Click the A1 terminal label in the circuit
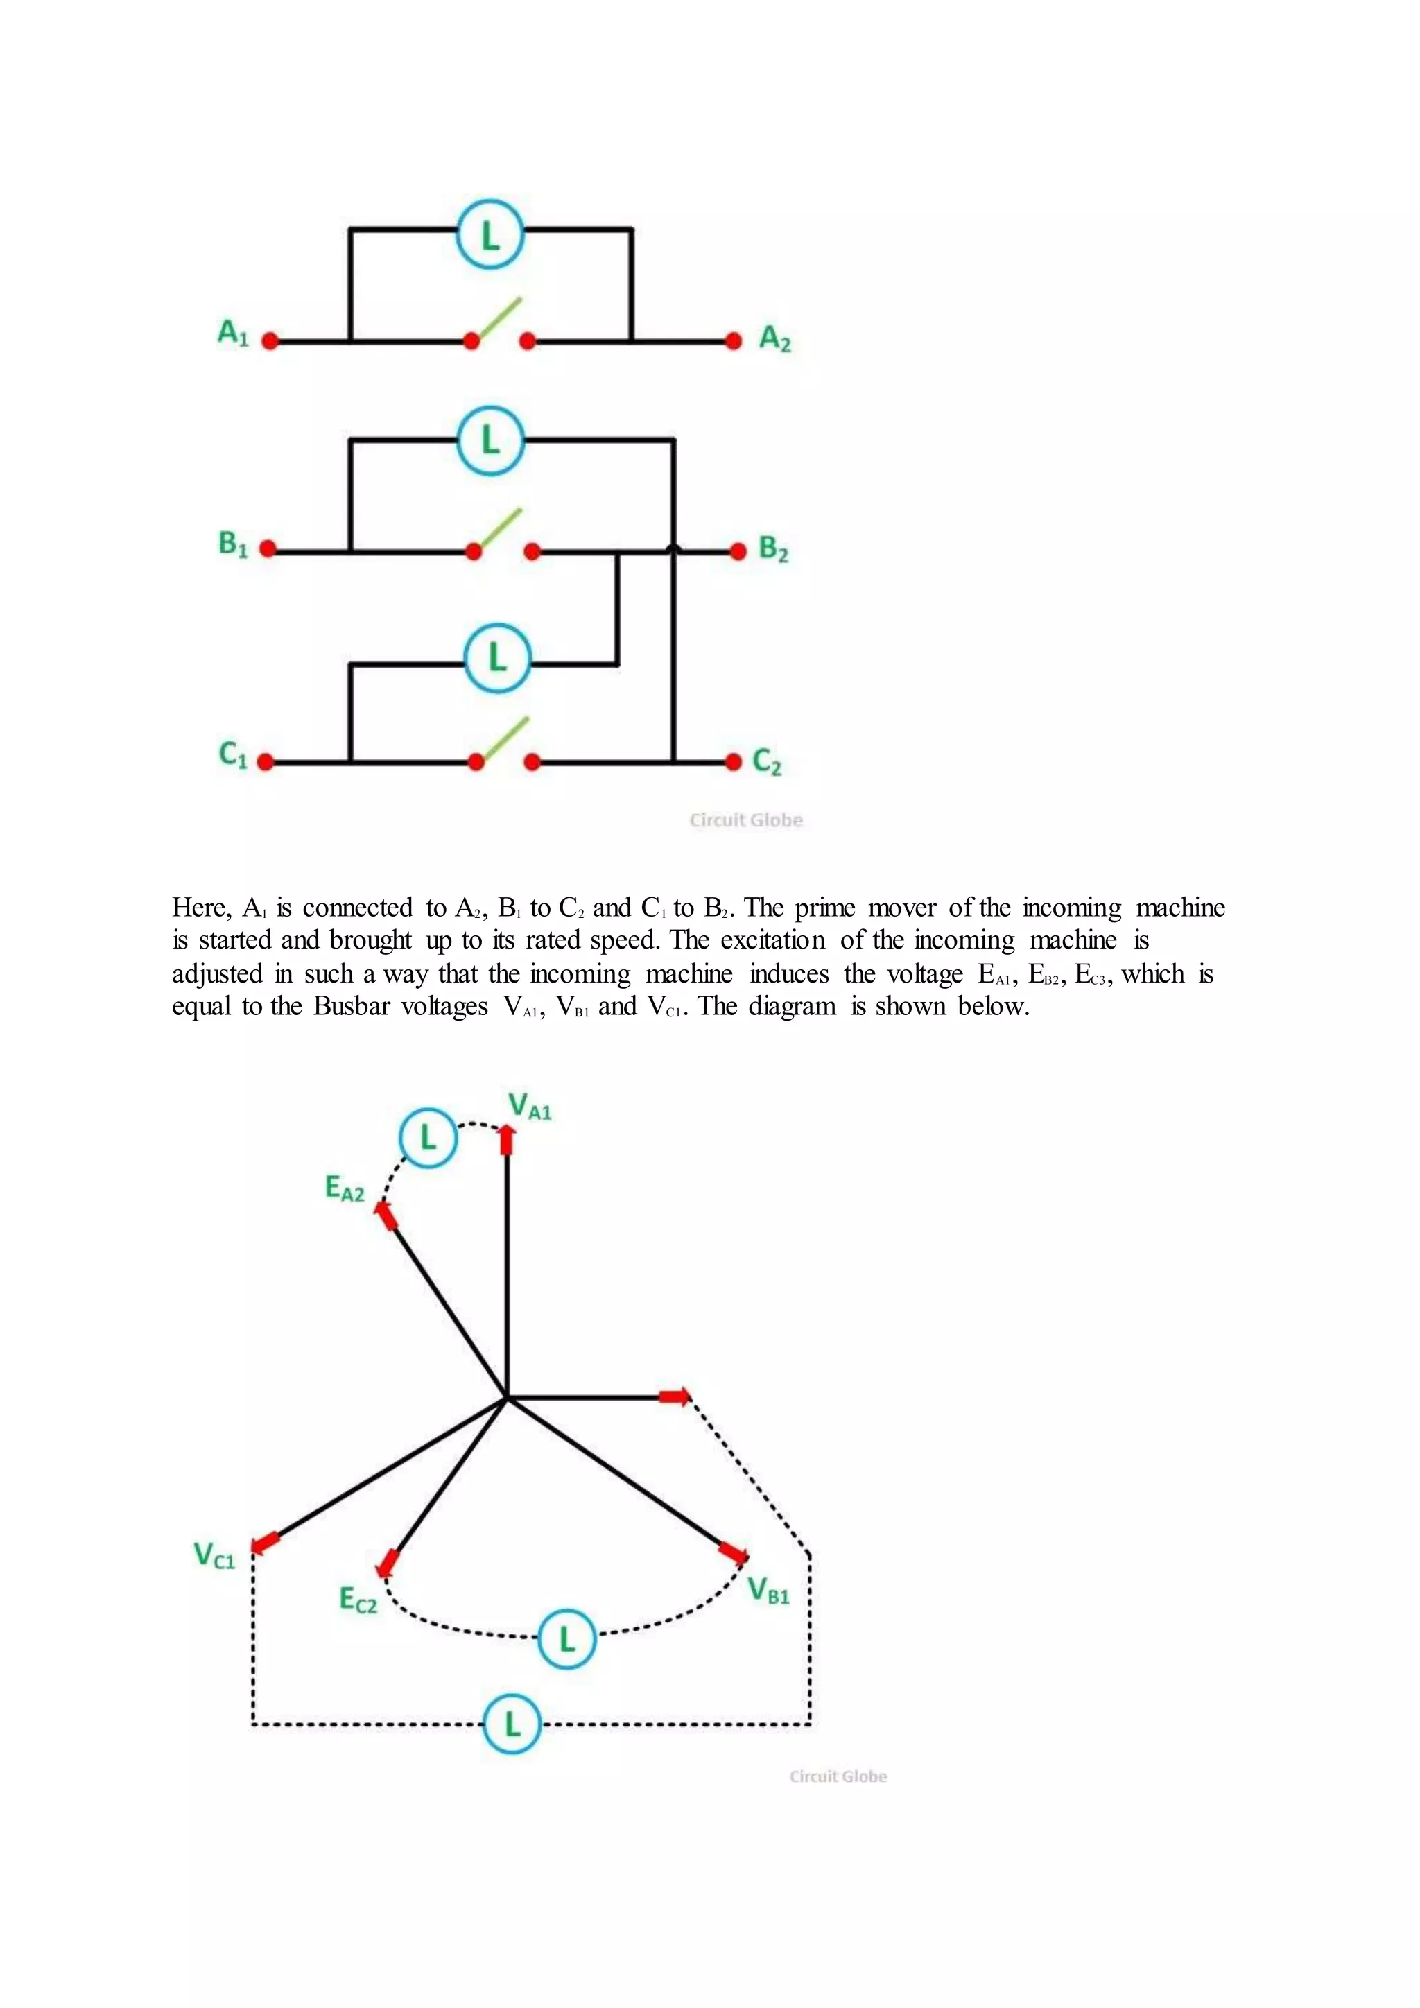(232, 334)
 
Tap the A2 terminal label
(774, 338)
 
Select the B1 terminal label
(232, 544)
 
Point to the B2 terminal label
(774, 549)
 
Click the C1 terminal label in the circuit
(232, 754)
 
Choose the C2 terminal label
(767, 762)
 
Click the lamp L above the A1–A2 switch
(490, 235)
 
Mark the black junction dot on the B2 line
(673, 550)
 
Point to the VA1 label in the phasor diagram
(530, 1107)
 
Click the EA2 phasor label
(345, 1188)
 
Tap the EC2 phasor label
(358, 1600)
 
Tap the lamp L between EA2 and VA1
(428, 1138)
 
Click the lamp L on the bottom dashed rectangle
(512, 1723)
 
